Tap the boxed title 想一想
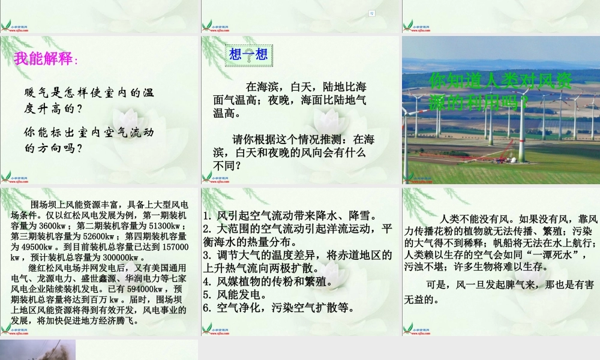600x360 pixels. [248, 55]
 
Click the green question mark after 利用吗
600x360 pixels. [524, 103]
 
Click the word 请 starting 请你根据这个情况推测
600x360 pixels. [237, 139]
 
